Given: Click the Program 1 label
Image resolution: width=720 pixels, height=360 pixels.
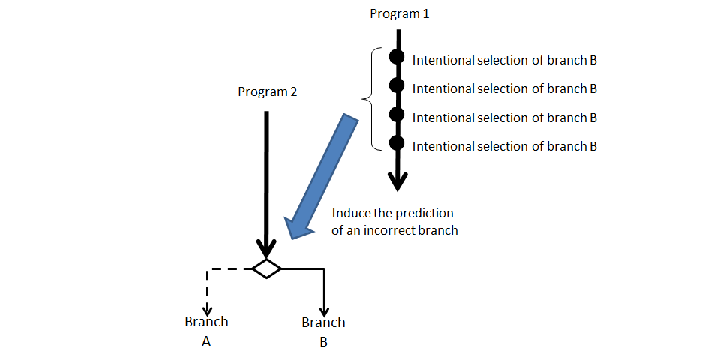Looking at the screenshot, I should pyautogui.click(x=400, y=14).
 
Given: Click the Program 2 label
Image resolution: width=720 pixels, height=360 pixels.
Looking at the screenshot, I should pyautogui.click(x=267, y=91).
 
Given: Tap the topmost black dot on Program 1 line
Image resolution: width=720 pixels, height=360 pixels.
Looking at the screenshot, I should pyautogui.click(x=397, y=57).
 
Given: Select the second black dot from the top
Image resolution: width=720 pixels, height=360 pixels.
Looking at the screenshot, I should pyautogui.click(x=397, y=85).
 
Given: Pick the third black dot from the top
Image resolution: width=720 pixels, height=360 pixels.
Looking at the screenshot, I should pyautogui.click(x=397, y=115).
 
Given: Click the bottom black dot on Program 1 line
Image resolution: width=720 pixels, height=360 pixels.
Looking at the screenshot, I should pyautogui.click(x=397, y=143).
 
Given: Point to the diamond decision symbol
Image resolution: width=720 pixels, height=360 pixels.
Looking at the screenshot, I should pyautogui.click(x=266, y=268).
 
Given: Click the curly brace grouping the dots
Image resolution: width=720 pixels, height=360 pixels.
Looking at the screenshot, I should pyautogui.click(x=369, y=98).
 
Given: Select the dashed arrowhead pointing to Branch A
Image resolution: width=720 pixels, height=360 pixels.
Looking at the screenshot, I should pyautogui.click(x=207, y=307).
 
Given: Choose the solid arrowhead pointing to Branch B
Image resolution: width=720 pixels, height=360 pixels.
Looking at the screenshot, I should pyautogui.click(x=323, y=308).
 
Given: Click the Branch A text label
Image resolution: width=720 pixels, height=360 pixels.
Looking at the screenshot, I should pyautogui.click(x=206, y=331).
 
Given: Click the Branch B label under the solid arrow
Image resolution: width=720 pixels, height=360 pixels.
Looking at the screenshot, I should pyautogui.click(x=323, y=331).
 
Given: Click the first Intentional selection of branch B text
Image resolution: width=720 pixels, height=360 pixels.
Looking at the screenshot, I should pyautogui.click(x=504, y=60).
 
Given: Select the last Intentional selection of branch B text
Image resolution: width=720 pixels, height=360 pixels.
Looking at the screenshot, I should pyautogui.click(x=504, y=146).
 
